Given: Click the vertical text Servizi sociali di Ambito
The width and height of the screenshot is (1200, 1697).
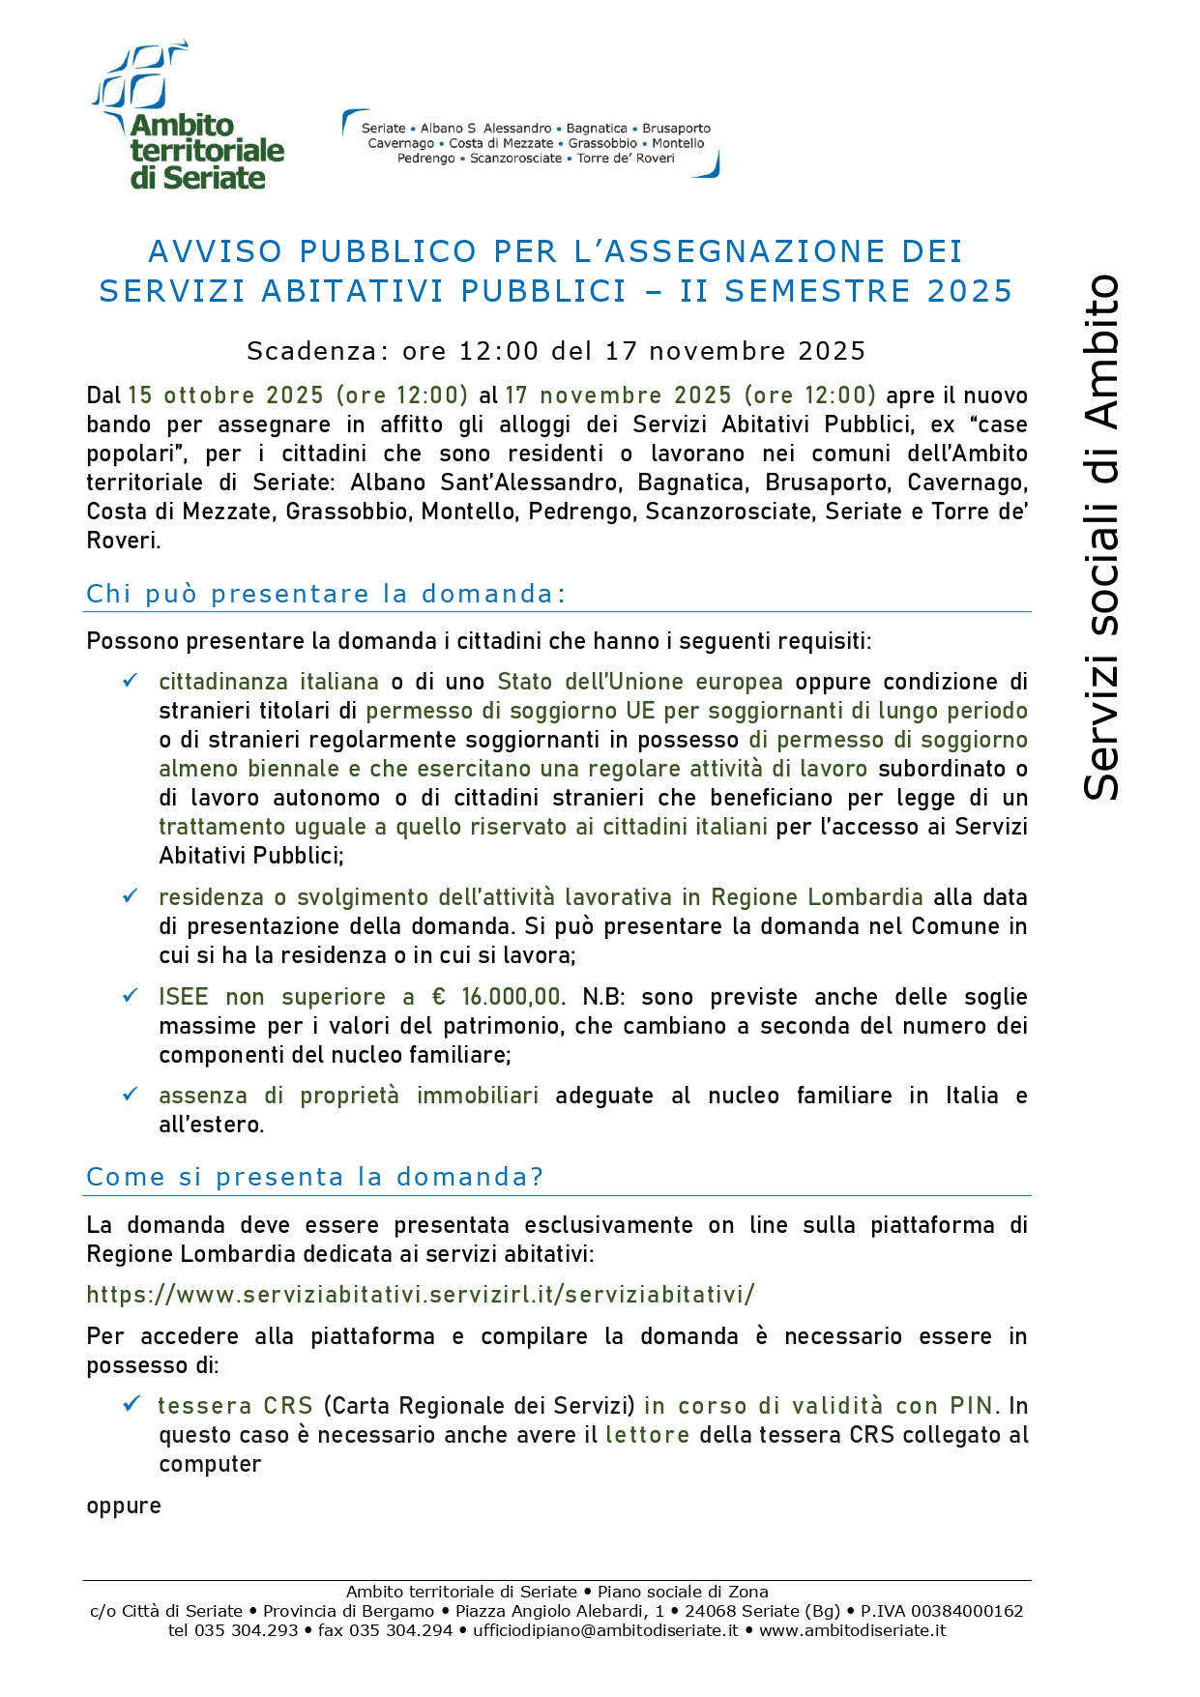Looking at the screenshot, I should coord(1101,538).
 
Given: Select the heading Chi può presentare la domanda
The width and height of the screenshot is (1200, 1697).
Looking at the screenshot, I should coord(325,594).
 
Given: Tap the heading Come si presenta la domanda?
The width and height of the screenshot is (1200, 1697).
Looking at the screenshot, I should coord(314,1177).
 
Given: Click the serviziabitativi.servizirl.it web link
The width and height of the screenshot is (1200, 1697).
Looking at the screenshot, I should coord(421,1295).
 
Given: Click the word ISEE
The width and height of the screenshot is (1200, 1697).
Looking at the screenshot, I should coord(184,997).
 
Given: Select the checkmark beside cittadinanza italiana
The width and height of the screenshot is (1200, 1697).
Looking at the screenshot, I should coord(130,681).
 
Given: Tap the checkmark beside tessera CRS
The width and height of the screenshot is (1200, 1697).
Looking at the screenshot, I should coord(131,1404).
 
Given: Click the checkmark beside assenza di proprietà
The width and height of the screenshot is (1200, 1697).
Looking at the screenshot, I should coord(130,1095).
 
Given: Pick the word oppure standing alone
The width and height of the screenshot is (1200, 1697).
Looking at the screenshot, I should coord(124,1506).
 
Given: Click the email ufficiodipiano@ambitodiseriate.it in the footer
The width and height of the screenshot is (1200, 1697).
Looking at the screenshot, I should coord(605,1630).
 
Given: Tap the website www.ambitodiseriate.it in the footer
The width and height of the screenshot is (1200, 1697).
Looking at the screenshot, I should coord(852,1630).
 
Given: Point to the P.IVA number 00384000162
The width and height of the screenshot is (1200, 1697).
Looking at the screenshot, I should coord(967,1611).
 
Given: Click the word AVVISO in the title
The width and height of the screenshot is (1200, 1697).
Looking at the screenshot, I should coord(216,251).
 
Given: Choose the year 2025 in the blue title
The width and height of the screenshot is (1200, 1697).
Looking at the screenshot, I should coord(970,291).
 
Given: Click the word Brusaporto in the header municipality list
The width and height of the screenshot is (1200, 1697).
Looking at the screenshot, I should coord(677,129).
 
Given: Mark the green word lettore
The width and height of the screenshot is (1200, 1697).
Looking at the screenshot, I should coord(647,1435).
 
